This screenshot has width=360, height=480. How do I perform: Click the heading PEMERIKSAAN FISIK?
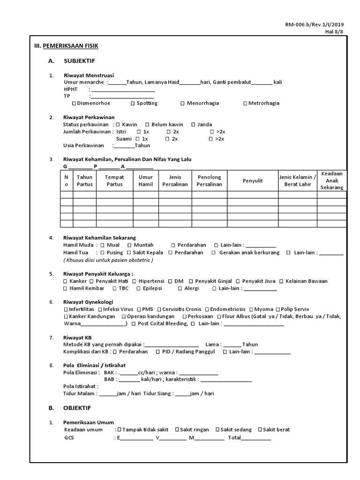(x=70, y=45)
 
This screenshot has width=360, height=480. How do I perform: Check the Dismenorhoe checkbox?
(x=74, y=103)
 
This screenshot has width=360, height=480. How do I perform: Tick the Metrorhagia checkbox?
(x=245, y=103)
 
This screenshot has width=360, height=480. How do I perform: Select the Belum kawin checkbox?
(x=147, y=125)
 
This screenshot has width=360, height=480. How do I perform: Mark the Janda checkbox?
(x=193, y=125)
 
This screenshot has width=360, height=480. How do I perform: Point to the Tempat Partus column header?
(x=114, y=180)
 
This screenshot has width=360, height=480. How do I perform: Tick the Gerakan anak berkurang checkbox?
(x=214, y=253)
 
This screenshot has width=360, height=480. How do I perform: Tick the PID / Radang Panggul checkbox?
(x=158, y=352)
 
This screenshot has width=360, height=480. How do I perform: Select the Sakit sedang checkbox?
(x=218, y=429)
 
